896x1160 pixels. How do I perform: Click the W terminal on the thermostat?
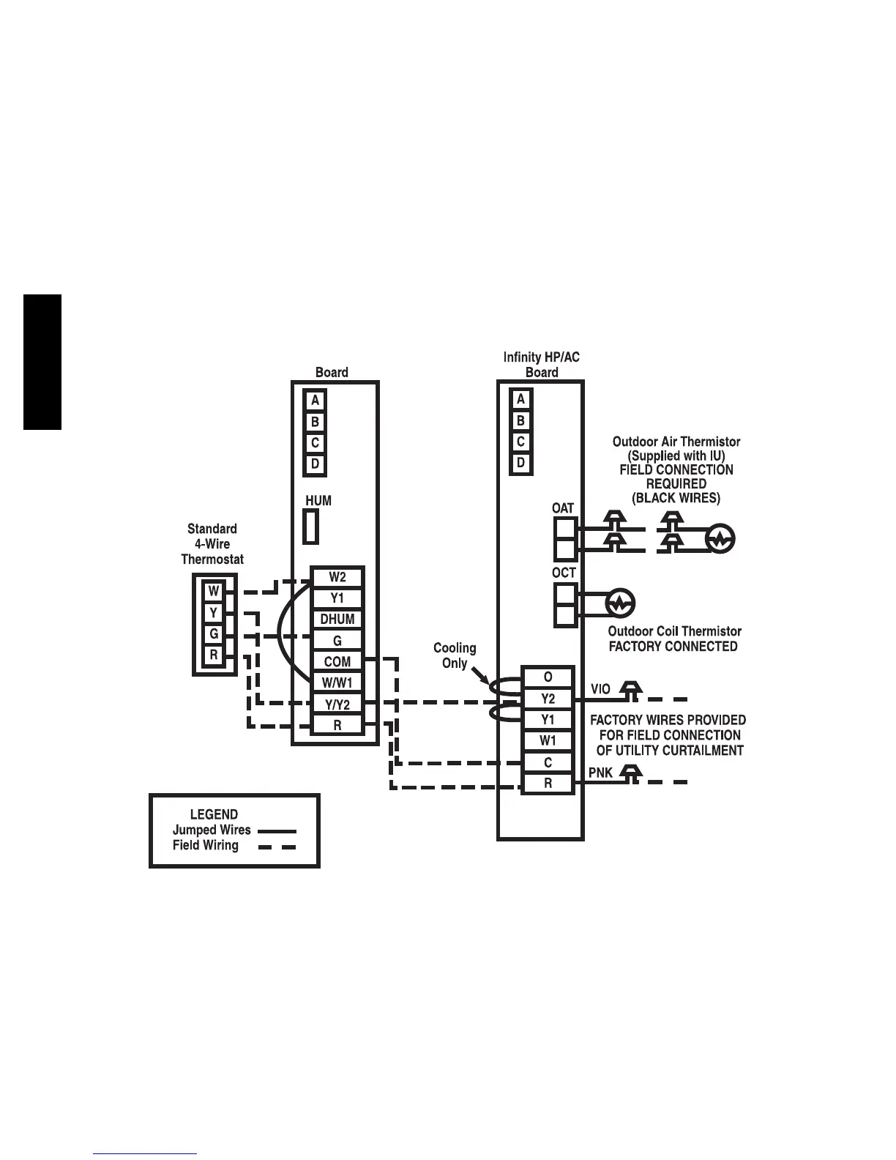click(214, 591)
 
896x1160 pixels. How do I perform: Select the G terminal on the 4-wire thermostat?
click(214, 634)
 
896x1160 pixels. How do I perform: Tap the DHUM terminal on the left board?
click(337, 619)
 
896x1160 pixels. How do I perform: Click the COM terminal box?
click(337, 661)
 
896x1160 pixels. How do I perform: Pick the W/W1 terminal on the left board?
click(337, 683)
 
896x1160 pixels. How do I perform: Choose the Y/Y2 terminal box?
click(337, 704)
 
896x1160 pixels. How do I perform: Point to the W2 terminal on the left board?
click(337, 577)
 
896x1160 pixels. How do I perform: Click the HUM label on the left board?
click(318, 501)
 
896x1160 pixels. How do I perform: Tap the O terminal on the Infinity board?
click(548, 677)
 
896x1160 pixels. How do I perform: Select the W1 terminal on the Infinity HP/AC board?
click(548, 741)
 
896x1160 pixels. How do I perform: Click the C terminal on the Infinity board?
click(548, 762)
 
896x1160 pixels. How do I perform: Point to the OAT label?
click(563, 508)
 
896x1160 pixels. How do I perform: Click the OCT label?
click(564, 573)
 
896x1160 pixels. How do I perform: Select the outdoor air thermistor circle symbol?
click(720, 540)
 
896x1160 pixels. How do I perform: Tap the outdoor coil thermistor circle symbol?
click(620, 604)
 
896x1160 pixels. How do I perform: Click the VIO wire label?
click(600, 690)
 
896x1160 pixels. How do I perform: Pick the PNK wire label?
click(600, 773)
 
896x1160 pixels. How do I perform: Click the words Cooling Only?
click(455, 655)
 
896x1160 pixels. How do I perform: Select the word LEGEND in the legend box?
click(214, 814)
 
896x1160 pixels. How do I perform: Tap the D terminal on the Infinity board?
click(520, 463)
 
